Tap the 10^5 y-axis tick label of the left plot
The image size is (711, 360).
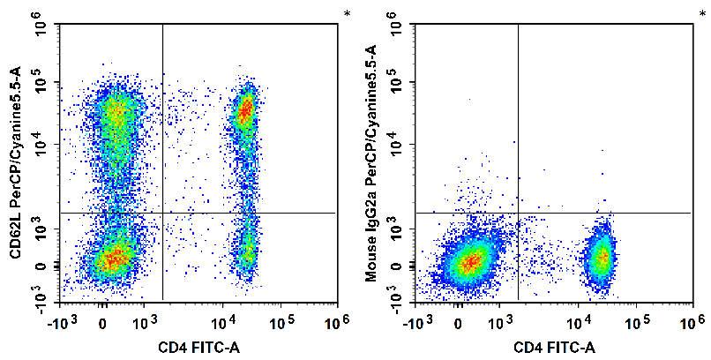coord(41,85)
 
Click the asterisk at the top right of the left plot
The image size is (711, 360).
coord(348,13)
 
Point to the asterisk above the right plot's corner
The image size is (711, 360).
coord(702,13)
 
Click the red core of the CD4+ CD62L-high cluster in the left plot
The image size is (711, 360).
coord(244,109)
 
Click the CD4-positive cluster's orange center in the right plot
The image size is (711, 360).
coord(602,258)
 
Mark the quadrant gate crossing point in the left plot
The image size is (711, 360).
coord(163,213)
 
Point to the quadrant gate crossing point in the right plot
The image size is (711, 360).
coord(518,213)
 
